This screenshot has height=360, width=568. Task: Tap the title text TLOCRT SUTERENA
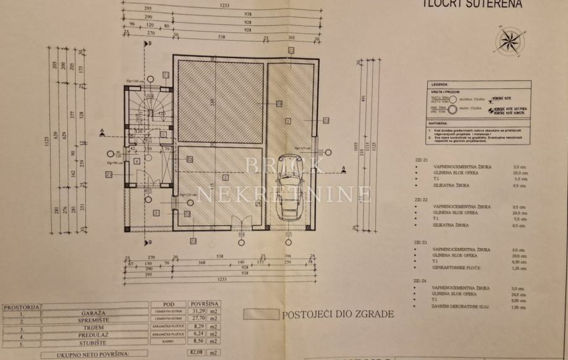[472, 4]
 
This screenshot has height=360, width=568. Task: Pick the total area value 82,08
[197, 353]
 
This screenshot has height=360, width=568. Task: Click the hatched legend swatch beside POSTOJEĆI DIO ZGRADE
[261, 314]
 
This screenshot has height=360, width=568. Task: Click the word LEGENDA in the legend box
[440, 84]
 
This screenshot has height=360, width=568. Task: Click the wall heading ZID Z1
[422, 159]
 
